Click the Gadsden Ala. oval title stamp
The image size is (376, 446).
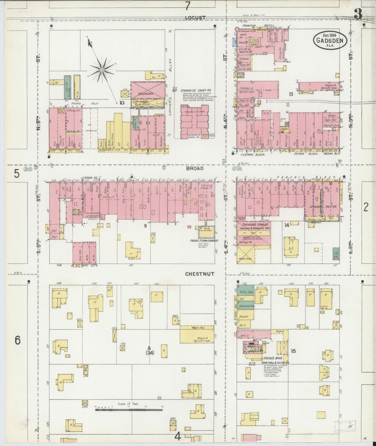pos(330,41)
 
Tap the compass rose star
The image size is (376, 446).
pos(102,69)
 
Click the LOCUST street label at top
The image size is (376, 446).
pos(195,18)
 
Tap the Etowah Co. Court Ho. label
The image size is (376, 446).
pos(196,90)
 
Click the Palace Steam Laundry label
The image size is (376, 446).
pos(204,241)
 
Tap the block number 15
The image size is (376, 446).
pos(293,351)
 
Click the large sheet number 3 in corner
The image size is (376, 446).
pos(358,15)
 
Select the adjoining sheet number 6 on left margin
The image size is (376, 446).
pos(17,340)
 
